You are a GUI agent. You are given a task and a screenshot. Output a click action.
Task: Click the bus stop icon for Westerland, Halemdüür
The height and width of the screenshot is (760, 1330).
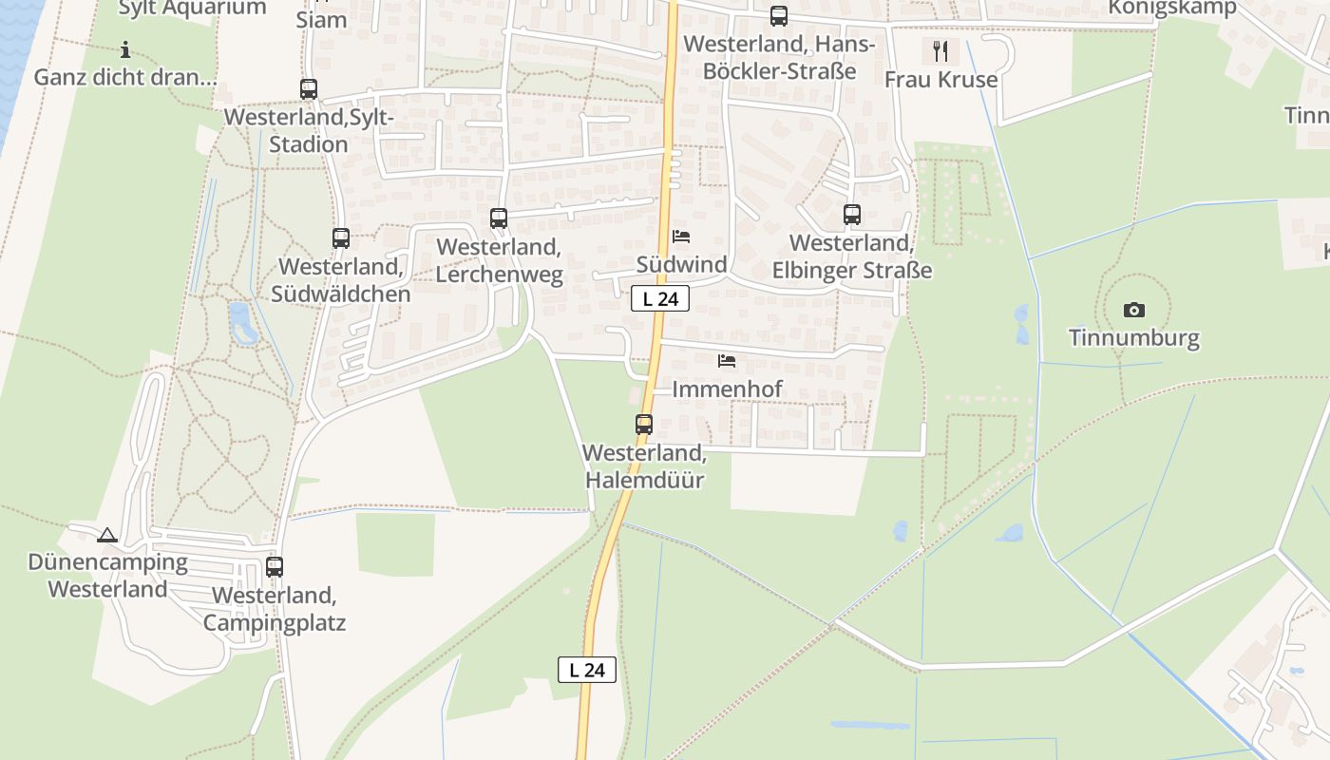pyautogui.click(x=644, y=424)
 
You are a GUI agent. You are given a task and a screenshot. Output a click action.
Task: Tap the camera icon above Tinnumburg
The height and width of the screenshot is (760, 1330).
pyautogui.click(x=1133, y=310)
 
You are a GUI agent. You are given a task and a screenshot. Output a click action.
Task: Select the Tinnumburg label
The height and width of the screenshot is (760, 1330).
pyautogui.click(x=1133, y=337)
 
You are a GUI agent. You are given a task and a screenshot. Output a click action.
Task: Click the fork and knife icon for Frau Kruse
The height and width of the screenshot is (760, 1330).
pyautogui.click(x=940, y=50)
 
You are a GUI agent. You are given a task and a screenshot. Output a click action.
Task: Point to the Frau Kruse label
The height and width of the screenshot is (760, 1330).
pyautogui.click(x=940, y=79)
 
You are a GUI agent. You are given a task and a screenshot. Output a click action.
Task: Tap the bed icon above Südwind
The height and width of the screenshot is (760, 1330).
pyautogui.click(x=681, y=237)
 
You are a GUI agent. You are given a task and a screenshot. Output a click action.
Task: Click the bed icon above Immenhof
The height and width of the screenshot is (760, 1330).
pyautogui.click(x=727, y=361)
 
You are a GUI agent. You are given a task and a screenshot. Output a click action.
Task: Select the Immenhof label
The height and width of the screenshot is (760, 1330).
pyautogui.click(x=727, y=389)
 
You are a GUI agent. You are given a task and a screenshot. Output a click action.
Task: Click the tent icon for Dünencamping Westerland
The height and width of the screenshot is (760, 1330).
pyautogui.click(x=106, y=535)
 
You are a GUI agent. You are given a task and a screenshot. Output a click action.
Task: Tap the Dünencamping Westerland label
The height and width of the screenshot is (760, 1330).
pyautogui.click(x=107, y=575)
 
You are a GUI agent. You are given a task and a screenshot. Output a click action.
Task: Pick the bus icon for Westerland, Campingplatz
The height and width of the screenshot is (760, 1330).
pyautogui.click(x=275, y=566)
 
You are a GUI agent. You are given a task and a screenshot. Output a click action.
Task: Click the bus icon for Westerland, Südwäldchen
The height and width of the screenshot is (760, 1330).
pyautogui.click(x=341, y=238)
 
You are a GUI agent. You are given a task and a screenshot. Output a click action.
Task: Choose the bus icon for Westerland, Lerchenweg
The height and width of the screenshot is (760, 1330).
pyautogui.click(x=499, y=218)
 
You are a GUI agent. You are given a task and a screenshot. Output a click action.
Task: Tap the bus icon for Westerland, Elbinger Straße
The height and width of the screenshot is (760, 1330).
pyautogui.click(x=852, y=215)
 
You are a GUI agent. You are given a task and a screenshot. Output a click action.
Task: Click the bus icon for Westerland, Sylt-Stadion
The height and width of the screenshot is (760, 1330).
pyautogui.click(x=309, y=89)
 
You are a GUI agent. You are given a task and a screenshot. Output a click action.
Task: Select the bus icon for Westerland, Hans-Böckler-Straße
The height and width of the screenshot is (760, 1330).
pyautogui.click(x=779, y=16)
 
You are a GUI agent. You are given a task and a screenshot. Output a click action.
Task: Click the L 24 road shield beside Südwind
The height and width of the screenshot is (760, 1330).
pyautogui.click(x=660, y=298)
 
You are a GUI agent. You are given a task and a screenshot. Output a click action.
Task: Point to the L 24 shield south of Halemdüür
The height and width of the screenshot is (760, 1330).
pyautogui.click(x=587, y=670)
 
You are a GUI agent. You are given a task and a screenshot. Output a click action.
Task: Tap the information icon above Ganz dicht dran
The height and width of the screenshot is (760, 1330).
pyautogui.click(x=125, y=49)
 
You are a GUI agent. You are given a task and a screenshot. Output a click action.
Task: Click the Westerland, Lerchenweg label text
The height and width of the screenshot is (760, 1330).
pyautogui.click(x=499, y=260)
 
